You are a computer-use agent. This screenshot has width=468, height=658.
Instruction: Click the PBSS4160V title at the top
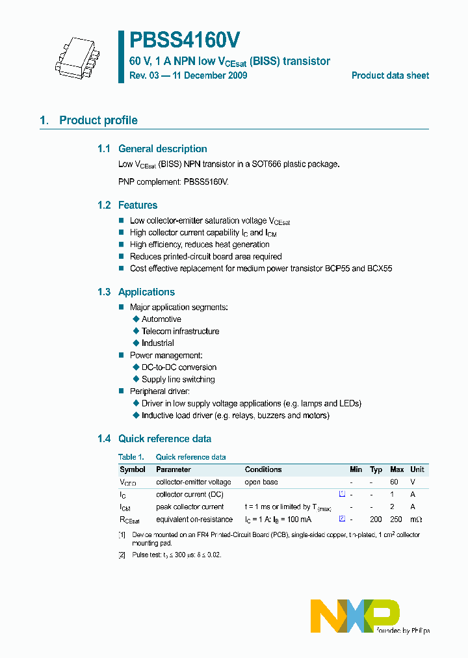point(185,41)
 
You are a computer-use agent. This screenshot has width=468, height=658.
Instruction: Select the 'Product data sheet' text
point(390,75)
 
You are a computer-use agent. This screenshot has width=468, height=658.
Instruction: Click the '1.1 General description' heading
point(152,149)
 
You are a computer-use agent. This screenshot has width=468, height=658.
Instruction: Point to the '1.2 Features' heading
point(127,205)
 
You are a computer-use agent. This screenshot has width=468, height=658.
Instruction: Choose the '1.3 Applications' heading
point(136,293)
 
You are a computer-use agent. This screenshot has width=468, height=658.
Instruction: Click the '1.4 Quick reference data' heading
point(154,439)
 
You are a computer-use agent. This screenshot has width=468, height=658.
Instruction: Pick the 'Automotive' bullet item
point(161,319)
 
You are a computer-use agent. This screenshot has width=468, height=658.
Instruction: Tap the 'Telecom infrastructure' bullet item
point(180,331)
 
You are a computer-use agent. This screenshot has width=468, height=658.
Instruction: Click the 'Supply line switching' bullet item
point(178,379)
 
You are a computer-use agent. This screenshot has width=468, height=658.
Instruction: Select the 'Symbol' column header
point(133,469)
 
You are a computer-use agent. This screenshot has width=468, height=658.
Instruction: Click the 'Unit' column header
point(417,469)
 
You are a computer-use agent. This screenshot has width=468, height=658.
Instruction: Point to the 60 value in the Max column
point(394,482)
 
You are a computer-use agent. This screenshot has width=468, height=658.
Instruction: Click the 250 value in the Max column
point(396,520)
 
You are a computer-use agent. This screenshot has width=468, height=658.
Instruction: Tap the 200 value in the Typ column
point(376,520)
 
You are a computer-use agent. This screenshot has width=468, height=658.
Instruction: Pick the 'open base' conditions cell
point(261,482)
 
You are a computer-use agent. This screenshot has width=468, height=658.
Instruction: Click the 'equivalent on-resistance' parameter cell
point(194,520)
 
